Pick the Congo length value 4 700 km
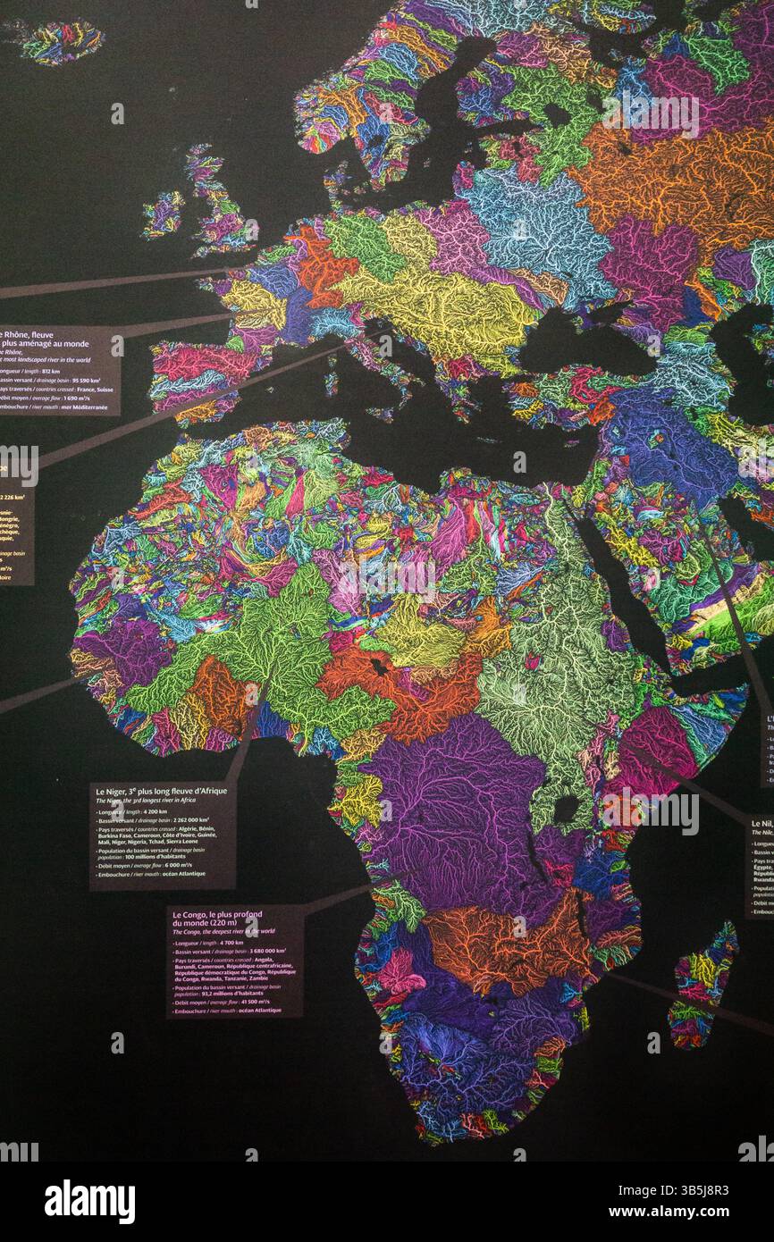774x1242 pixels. pyautogui.click(x=232, y=942)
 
